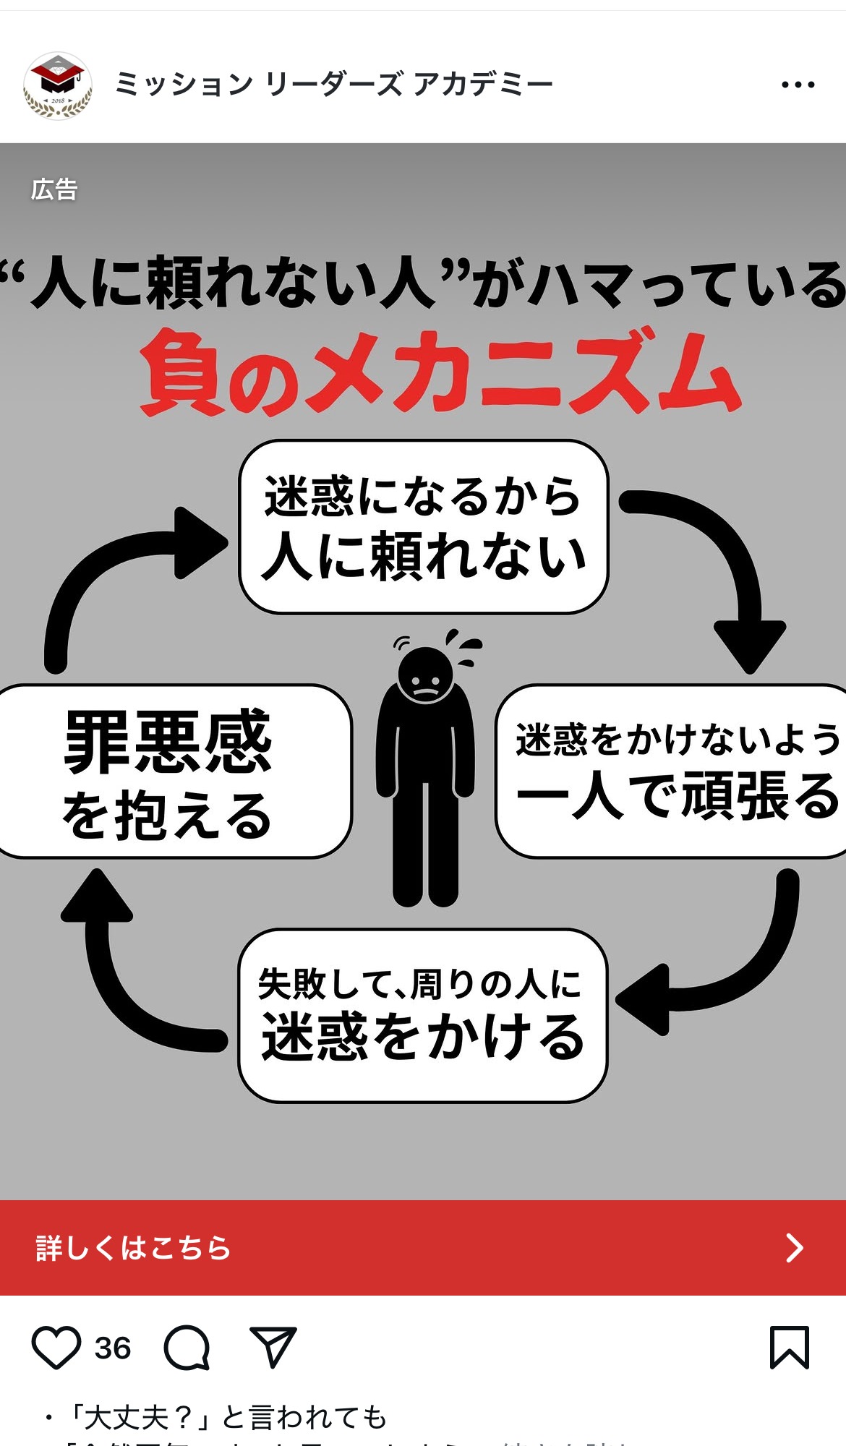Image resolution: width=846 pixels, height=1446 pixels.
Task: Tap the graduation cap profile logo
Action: pyautogui.click(x=58, y=85)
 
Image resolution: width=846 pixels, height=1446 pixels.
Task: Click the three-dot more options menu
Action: pyautogui.click(x=798, y=85)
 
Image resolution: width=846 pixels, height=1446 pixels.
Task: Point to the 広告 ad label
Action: pyautogui.click(x=54, y=189)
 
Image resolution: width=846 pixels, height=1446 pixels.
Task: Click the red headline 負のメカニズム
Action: pyautogui.click(x=440, y=374)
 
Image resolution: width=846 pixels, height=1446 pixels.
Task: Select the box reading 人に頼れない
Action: pyautogui.click(x=424, y=527)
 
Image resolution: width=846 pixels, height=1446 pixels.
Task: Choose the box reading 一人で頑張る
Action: pyautogui.click(x=676, y=771)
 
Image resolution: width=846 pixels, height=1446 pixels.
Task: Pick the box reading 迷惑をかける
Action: pyautogui.click(x=423, y=1015)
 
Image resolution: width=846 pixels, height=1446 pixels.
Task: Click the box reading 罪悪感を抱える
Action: pyautogui.click(x=170, y=771)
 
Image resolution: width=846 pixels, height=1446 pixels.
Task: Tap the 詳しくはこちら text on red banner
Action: pyautogui.click(x=133, y=1248)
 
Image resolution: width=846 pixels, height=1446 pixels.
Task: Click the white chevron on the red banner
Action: pyautogui.click(x=795, y=1248)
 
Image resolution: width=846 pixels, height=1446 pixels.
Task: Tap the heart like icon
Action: pyautogui.click(x=56, y=1348)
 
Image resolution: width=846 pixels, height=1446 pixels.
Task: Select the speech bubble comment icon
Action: pyautogui.click(x=187, y=1348)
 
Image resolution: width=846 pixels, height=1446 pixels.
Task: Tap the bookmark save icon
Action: pyautogui.click(x=789, y=1347)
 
